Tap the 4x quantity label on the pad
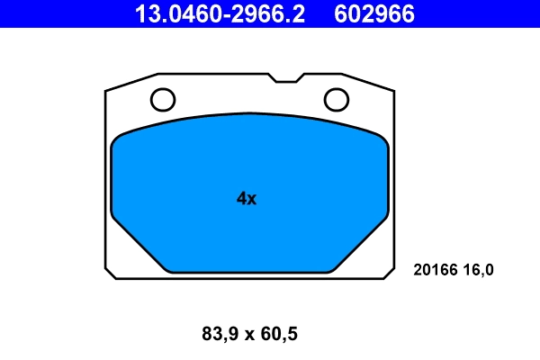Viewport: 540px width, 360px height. (x=247, y=199)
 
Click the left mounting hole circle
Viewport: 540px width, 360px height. (x=162, y=98)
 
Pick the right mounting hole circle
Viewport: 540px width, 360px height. (x=337, y=98)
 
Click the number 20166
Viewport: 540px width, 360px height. (x=436, y=269)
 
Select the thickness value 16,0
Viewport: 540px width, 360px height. (x=479, y=269)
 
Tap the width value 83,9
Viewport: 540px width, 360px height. (x=218, y=335)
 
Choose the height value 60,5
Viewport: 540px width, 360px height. (x=278, y=335)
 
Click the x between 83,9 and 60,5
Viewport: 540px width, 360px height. (x=248, y=336)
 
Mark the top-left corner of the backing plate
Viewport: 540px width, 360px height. (x=107, y=91)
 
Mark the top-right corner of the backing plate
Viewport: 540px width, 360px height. (x=393, y=91)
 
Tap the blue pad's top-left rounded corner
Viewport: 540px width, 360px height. (x=118, y=140)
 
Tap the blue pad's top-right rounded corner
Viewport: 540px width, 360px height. (x=382, y=140)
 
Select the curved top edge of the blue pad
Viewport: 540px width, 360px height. (x=249, y=114)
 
